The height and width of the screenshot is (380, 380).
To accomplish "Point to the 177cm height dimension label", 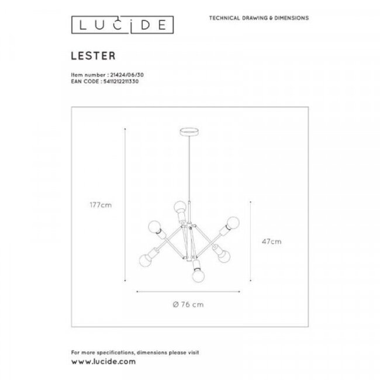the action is pos(101,205).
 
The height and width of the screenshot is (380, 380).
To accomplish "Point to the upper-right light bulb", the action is pos(233,223).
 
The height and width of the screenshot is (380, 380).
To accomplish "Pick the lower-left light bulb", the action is pos(144,259).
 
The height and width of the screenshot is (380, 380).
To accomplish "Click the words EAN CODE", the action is pos(82,82).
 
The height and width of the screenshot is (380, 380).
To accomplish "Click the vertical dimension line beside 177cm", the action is pos(126,205).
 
